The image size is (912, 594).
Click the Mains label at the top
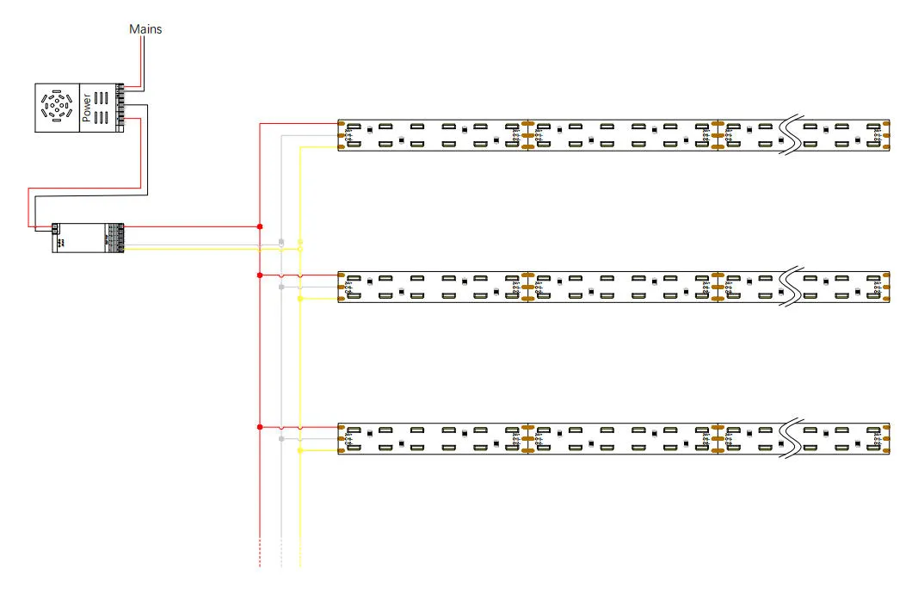tap(145, 29)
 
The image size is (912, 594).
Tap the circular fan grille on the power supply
tap(56, 108)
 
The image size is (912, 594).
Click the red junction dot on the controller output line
tap(260, 226)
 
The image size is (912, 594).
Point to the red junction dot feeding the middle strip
tap(260, 275)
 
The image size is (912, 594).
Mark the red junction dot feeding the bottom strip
tap(260, 427)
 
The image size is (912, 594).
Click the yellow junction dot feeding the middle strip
tap(300, 299)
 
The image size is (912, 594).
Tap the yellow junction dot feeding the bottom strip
tap(300, 450)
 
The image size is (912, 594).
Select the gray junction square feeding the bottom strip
tap(281, 439)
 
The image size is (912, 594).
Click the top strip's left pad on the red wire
tap(342, 124)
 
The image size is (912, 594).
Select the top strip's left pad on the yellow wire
tap(342, 147)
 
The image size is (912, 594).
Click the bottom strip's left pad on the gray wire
tap(342, 439)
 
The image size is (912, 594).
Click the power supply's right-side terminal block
tap(120, 108)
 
